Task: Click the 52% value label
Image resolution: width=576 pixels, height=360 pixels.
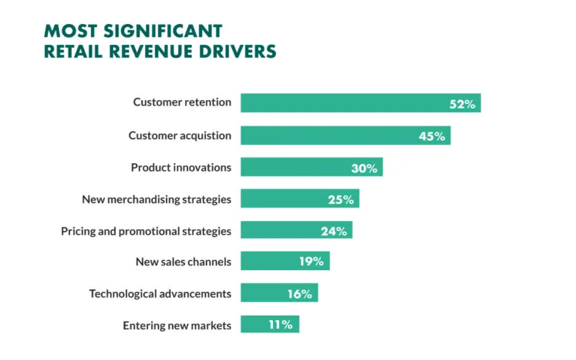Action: coord(462,104)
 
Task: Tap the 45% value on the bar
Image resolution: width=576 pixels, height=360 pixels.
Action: coord(432,136)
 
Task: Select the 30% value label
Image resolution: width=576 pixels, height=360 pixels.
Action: coord(365,168)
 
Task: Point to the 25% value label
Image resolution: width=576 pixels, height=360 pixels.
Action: coord(341,199)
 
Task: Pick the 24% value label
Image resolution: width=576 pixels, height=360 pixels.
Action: coord(334,231)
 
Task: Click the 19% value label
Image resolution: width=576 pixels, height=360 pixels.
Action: coord(311,261)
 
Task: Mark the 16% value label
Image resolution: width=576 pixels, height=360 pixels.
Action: coord(299,294)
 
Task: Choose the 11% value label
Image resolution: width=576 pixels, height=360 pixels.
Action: coord(280,324)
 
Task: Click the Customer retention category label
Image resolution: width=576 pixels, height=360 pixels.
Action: coord(182,102)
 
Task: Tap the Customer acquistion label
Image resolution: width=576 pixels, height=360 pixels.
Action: coord(180,135)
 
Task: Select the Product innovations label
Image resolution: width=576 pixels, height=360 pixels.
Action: coord(181,167)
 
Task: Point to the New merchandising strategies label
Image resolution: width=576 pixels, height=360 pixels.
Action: coord(156,199)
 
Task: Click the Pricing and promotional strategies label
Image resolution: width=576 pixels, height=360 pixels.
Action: coord(146,231)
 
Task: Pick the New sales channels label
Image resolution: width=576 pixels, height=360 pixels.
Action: coord(183,262)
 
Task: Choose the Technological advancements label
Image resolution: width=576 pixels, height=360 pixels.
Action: coord(160,294)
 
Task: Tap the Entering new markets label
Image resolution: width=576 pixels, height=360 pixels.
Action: coord(177,326)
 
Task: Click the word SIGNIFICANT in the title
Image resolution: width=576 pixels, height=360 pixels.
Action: coord(161,31)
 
